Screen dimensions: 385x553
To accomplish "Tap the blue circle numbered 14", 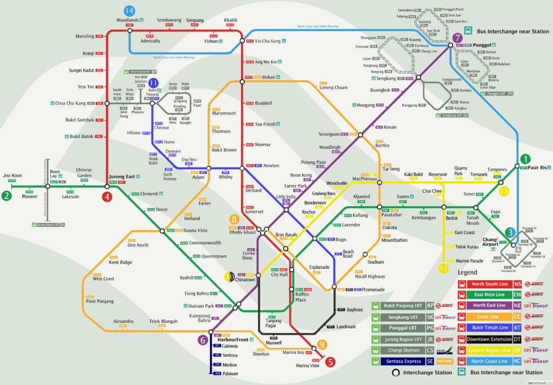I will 129,11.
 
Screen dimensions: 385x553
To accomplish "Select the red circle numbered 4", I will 107,197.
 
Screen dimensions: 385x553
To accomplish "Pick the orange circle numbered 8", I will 234,220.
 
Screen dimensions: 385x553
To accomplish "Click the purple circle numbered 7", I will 457,38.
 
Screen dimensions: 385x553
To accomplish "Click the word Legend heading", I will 468,273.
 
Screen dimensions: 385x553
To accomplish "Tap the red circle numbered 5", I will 330,363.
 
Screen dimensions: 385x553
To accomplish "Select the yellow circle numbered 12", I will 443,268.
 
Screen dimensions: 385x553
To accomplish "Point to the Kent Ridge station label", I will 120,262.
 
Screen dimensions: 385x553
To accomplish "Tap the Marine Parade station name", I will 469,261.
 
